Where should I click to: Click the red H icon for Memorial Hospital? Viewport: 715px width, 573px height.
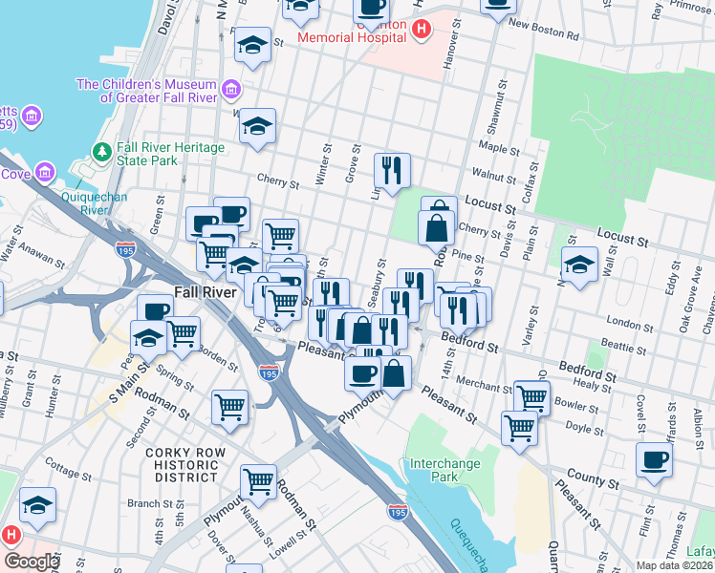coord(421,31)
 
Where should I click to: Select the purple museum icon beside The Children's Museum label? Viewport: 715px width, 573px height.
coord(230,91)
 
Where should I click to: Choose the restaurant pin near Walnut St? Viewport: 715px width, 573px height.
coord(392,170)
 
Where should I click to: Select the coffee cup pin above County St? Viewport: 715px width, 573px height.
coord(655,458)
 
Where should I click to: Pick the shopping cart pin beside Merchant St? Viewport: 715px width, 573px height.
coord(531,396)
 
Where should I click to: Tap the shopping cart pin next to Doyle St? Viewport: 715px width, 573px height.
coord(519,427)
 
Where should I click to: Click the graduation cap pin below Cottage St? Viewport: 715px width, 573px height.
coord(37,505)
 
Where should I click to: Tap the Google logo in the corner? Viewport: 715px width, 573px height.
coord(32,562)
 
